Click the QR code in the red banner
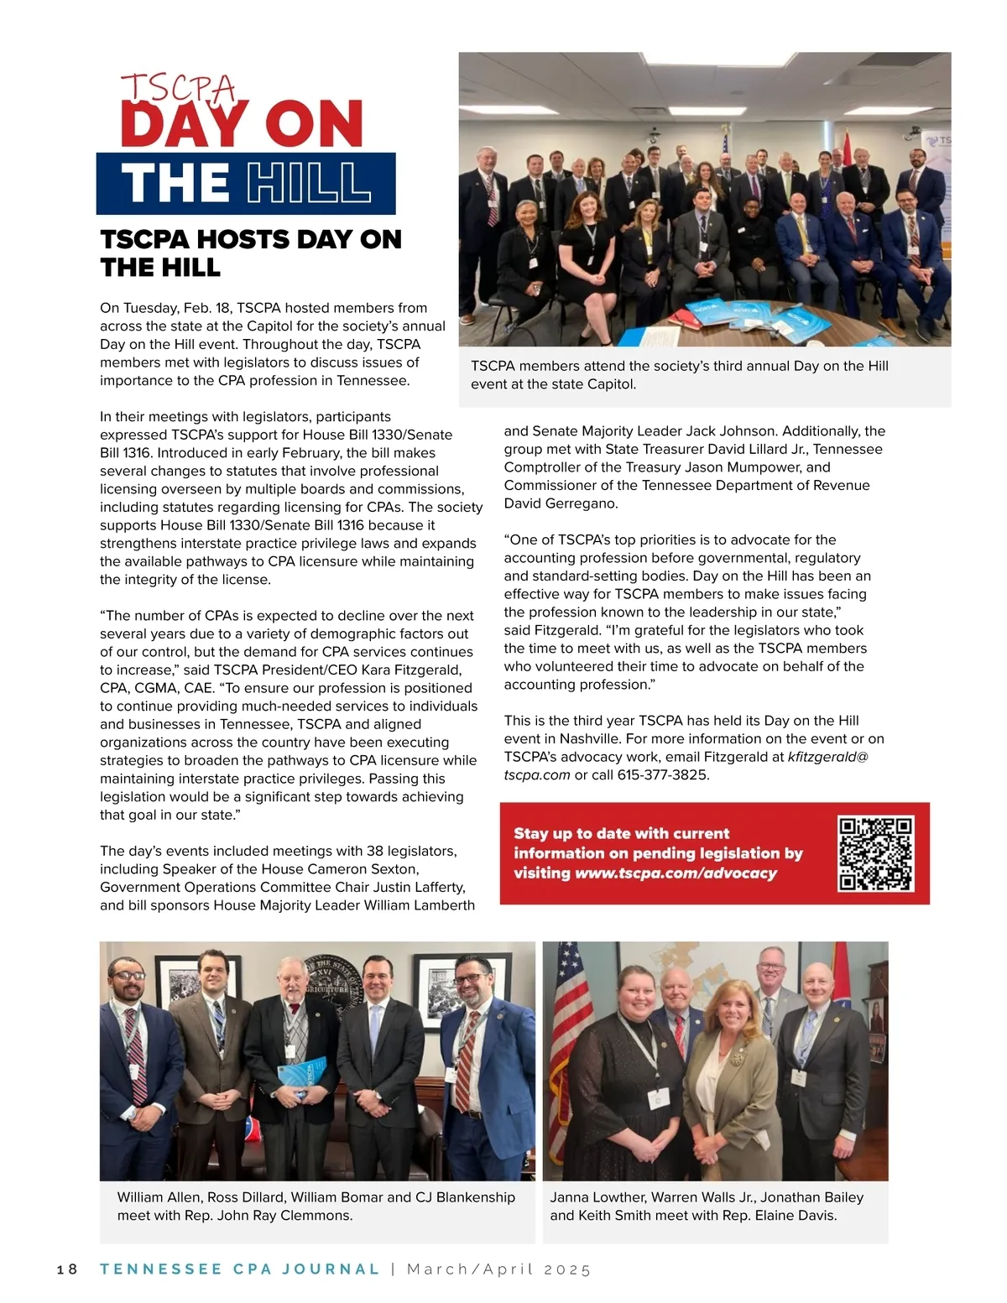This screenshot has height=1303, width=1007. pyautogui.click(x=875, y=853)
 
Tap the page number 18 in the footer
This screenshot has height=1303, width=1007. pyautogui.click(x=67, y=1269)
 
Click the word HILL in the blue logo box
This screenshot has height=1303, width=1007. pyautogui.click(x=309, y=184)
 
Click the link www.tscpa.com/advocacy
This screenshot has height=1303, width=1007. pyautogui.click(x=676, y=873)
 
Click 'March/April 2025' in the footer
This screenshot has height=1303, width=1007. pyautogui.click(x=499, y=1269)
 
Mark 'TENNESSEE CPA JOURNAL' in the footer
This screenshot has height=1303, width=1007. pyautogui.click(x=240, y=1269)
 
